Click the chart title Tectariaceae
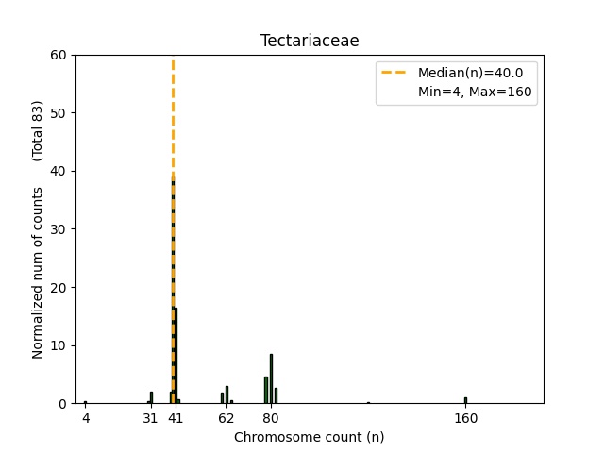click(310, 41)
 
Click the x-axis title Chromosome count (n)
click(310, 437)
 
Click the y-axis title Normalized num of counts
click(38, 272)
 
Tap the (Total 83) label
click(38, 129)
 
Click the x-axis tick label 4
click(85, 417)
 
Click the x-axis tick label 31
click(150, 417)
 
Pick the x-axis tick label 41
click(175, 417)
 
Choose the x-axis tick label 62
click(226, 417)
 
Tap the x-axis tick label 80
click(271, 417)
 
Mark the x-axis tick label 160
click(465, 417)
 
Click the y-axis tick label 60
click(59, 55)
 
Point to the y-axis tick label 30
click(59, 229)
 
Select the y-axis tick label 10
click(59, 345)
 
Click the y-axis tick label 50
click(59, 113)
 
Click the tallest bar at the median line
click(173, 293)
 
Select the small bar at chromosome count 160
click(465, 400)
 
